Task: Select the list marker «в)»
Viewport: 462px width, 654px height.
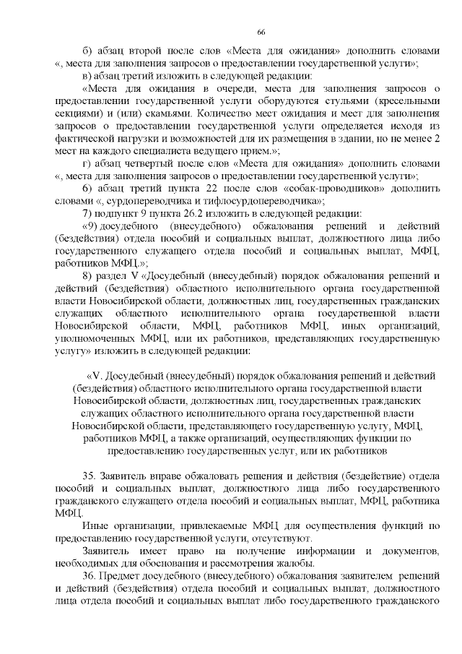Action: point(88,75)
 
